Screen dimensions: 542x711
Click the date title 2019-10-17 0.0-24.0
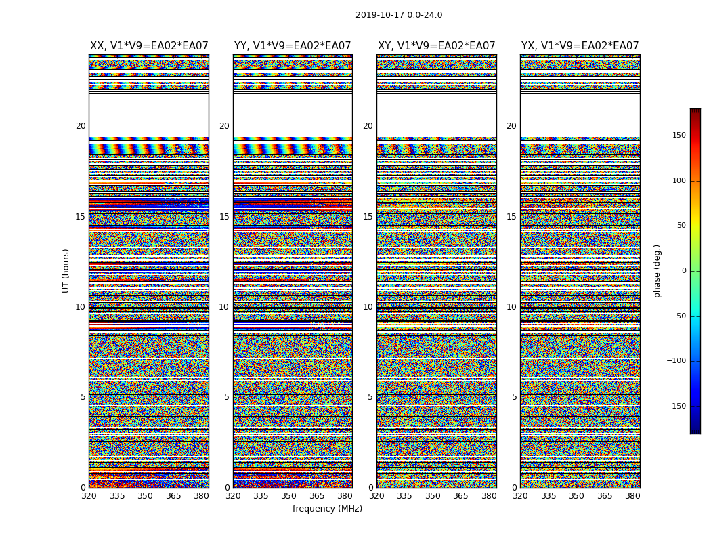(399, 15)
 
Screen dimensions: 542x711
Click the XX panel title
(149, 46)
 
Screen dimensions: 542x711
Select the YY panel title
(293, 46)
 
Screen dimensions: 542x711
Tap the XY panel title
(437, 46)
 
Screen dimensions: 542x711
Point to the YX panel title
(580, 46)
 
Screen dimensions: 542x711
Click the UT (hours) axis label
(66, 271)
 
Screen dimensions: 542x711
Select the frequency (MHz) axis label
(327, 509)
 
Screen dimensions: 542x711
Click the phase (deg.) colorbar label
(657, 271)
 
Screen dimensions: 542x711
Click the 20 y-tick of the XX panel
(81, 126)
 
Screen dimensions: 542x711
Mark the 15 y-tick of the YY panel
(224, 217)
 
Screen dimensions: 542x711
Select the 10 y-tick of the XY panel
(368, 307)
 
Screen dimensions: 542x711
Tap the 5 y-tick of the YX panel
(514, 397)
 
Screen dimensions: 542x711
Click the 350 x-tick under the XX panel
(145, 496)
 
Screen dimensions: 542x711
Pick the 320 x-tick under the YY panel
(233, 496)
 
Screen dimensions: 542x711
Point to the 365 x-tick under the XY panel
(460, 496)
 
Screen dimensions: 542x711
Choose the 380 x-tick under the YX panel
(632, 496)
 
